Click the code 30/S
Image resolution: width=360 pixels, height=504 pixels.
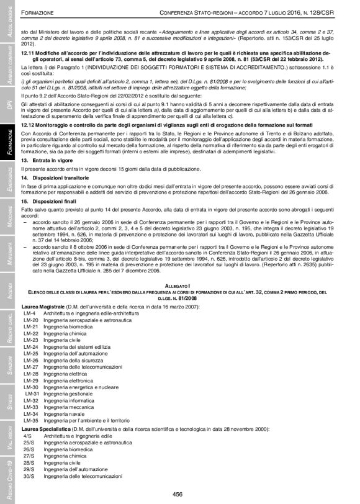click(x=28, y=477)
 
